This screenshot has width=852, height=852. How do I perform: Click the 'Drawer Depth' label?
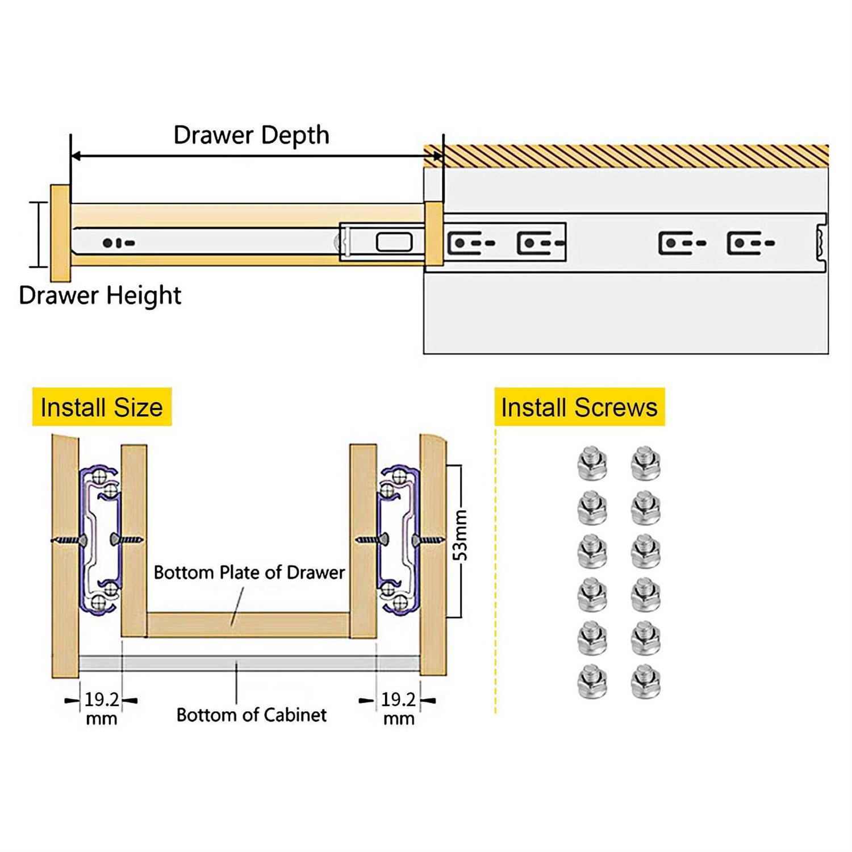251,135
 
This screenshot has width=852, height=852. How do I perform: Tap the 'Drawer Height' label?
100,295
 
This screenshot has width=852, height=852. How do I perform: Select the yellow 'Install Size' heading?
102,407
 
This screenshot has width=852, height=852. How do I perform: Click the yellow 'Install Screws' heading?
579,407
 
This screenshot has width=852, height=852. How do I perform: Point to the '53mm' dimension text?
461,535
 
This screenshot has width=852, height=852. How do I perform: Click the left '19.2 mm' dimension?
101,708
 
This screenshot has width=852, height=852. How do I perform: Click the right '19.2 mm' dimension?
398,708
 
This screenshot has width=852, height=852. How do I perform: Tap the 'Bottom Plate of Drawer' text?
249,572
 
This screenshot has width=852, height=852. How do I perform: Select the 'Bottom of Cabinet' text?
251,715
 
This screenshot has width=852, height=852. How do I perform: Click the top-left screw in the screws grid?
592,463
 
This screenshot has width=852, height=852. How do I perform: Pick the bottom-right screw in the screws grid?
645,681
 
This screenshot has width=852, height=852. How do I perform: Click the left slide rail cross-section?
100,540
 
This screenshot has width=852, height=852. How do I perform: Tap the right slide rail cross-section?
399,540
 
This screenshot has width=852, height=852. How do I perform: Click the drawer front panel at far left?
60,233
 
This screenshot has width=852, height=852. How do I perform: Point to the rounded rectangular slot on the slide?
394,243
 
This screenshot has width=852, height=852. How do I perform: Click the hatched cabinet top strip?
625,156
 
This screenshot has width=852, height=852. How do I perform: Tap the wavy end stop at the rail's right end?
821,243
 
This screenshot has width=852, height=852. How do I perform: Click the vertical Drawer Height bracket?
39,234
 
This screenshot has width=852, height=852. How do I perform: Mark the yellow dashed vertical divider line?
496,568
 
